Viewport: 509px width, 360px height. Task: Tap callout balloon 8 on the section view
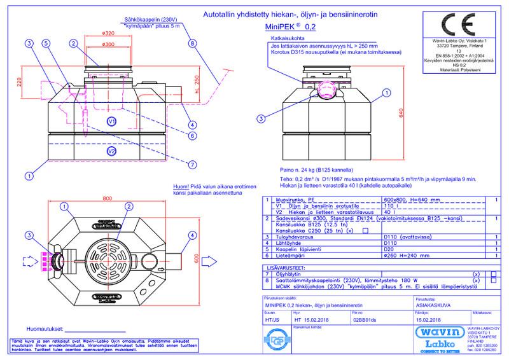point(192,43)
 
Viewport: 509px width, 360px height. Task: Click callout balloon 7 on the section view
point(192,163)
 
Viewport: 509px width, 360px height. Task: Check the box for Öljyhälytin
point(494,273)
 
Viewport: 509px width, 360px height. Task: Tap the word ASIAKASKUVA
point(431,305)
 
